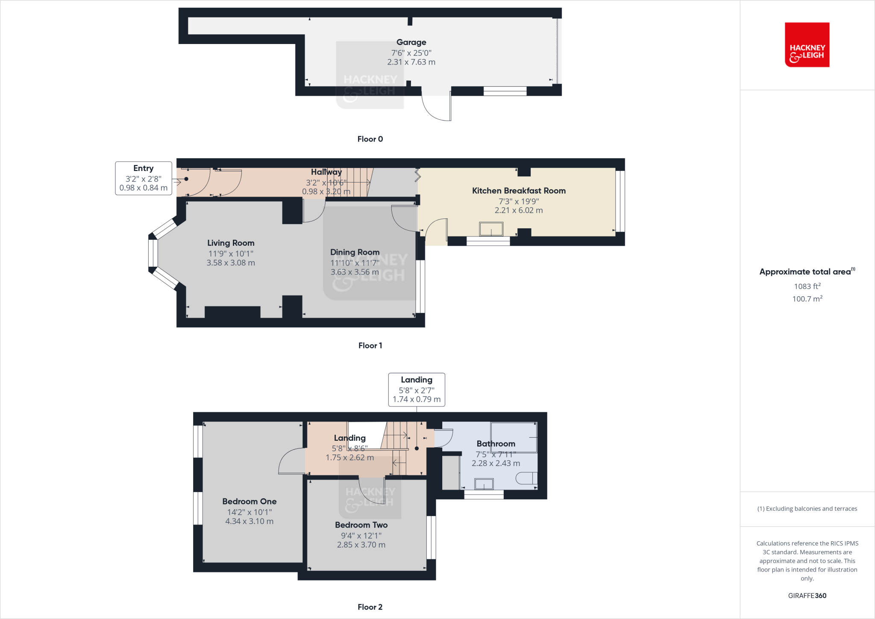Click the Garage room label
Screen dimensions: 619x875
tap(411, 42)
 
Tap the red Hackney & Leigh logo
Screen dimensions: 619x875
tap(807, 45)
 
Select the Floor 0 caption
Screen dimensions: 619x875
tap(370, 139)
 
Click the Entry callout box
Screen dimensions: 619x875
tap(144, 178)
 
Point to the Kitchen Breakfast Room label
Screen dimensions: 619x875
tap(519, 191)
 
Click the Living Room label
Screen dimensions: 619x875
tap(231, 243)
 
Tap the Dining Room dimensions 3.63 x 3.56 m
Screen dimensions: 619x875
tap(355, 272)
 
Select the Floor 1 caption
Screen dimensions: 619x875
tap(370, 345)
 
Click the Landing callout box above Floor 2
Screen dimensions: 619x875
tap(417, 389)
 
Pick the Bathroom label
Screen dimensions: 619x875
tap(496, 444)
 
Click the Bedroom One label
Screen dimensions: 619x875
tap(249, 501)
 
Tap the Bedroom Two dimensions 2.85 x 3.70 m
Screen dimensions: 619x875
tap(361, 545)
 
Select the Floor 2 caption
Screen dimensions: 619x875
tap(370, 607)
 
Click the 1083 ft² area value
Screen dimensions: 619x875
tap(807, 286)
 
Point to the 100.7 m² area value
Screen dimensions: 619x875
tap(807, 299)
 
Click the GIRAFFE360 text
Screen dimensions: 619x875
tap(807, 595)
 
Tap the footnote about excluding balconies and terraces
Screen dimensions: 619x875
tap(807, 509)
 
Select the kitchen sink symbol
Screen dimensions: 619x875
tap(491, 229)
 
